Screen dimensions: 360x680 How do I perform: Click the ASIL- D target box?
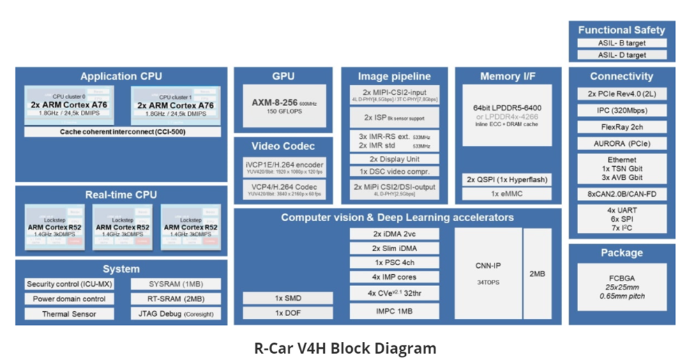(622, 54)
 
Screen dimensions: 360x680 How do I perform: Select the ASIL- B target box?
(622, 43)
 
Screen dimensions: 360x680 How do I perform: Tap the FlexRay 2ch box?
(622, 128)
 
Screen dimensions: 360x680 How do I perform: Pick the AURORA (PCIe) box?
(622, 144)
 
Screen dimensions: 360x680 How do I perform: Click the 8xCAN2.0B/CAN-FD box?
(622, 193)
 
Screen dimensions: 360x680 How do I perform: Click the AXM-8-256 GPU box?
(283, 107)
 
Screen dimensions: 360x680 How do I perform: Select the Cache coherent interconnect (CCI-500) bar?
(122, 131)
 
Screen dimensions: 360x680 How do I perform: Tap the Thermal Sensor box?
(69, 314)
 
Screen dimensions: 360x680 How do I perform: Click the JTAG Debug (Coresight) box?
(175, 314)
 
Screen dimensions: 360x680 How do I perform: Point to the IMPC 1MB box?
(395, 310)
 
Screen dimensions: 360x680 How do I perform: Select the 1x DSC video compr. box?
(395, 172)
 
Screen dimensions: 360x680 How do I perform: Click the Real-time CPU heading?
(121, 195)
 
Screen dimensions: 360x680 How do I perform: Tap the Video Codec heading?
(283, 146)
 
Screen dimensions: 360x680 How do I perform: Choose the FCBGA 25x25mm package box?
(622, 287)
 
